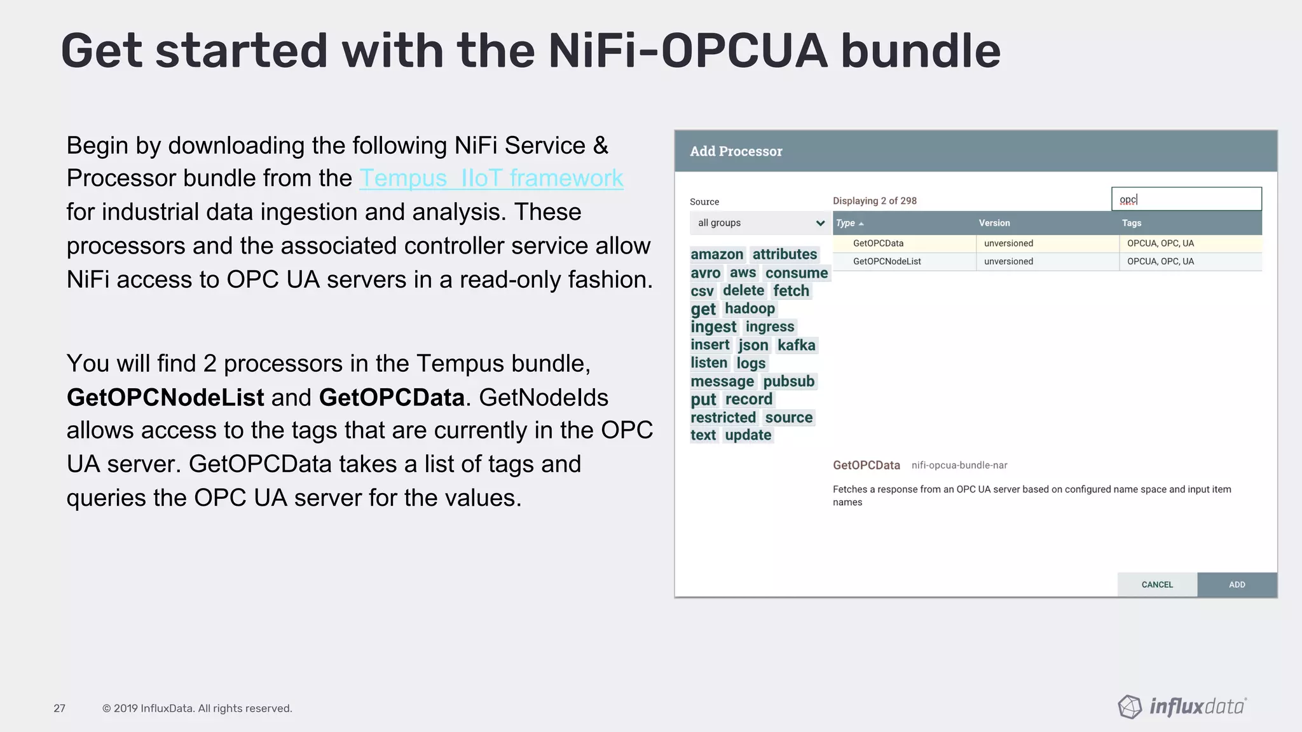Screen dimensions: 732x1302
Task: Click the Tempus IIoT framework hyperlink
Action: click(491, 179)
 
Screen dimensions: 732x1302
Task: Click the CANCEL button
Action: click(1157, 585)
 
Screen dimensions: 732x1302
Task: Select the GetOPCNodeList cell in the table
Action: click(887, 262)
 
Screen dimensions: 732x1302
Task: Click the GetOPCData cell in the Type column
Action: click(878, 243)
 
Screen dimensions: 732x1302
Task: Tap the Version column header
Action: click(994, 223)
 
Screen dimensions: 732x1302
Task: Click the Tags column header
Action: click(1132, 223)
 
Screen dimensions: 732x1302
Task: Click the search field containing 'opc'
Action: click(1186, 200)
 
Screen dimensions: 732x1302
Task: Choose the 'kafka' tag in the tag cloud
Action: click(796, 345)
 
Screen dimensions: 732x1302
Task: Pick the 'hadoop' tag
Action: click(750, 309)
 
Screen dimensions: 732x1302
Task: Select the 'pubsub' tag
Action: click(788, 381)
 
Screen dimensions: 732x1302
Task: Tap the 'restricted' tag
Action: click(723, 417)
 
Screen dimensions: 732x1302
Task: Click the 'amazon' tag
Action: click(716, 255)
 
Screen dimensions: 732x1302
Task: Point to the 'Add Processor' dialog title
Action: click(736, 151)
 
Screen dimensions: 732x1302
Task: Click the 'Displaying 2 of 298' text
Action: click(874, 201)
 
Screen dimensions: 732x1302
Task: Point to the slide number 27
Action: click(59, 708)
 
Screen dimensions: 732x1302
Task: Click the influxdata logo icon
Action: click(1130, 707)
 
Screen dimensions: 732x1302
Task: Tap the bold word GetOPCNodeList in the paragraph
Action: click(165, 398)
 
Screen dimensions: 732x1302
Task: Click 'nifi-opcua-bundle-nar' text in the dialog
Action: click(959, 465)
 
